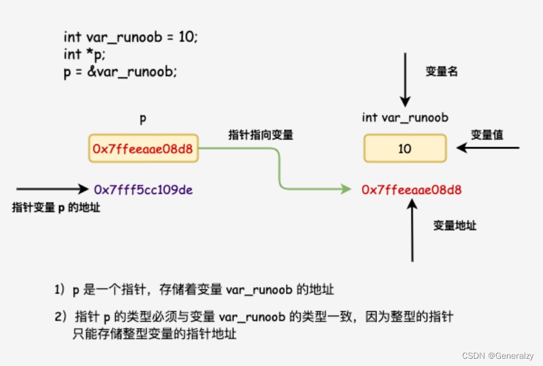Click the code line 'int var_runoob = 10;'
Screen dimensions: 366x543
(x=130, y=37)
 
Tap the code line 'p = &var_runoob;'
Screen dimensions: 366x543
(x=120, y=71)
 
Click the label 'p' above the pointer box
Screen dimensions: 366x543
(x=143, y=119)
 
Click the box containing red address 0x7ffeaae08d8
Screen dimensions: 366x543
(x=143, y=149)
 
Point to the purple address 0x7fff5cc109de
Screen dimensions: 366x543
(x=143, y=190)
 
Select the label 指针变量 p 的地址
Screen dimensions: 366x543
(x=56, y=208)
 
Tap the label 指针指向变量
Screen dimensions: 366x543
(x=261, y=135)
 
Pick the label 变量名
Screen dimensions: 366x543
(x=442, y=71)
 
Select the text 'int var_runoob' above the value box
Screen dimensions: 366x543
(x=405, y=118)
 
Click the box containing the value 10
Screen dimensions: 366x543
(x=405, y=149)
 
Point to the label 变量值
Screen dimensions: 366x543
(x=487, y=135)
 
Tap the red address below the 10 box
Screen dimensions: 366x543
(x=411, y=190)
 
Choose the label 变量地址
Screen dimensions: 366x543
(x=455, y=226)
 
